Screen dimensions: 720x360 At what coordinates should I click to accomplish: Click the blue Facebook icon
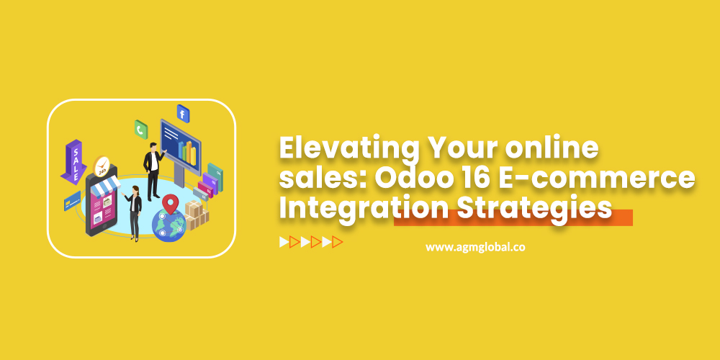pyautogui.click(x=183, y=113)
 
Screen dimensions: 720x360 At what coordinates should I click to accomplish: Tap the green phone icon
pyautogui.click(x=141, y=130)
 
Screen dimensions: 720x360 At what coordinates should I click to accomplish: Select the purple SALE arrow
pyautogui.click(x=73, y=161)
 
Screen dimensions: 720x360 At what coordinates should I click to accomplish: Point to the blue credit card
pyautogui.click(x=72, y=201)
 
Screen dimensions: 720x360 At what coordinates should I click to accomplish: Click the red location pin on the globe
pyautogui.click(x=171, y=204)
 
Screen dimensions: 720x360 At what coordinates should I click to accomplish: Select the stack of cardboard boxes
pyautogui.click(x=197, y=215)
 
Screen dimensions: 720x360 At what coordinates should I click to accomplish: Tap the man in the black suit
pyautogui.click(x=153, y=171)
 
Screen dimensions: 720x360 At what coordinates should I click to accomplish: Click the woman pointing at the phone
pyautogui.click(x=133, y=212)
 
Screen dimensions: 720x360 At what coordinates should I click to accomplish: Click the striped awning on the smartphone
pyautogui.click(x=106, y=184)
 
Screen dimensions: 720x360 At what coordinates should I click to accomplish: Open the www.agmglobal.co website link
pyautogui.click(x=475, y=247)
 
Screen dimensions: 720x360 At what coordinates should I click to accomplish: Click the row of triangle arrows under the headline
pyautogui.click(x=311, y=242)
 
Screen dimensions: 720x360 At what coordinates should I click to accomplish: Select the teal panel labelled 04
pyautogui.click(x=215, y=177)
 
